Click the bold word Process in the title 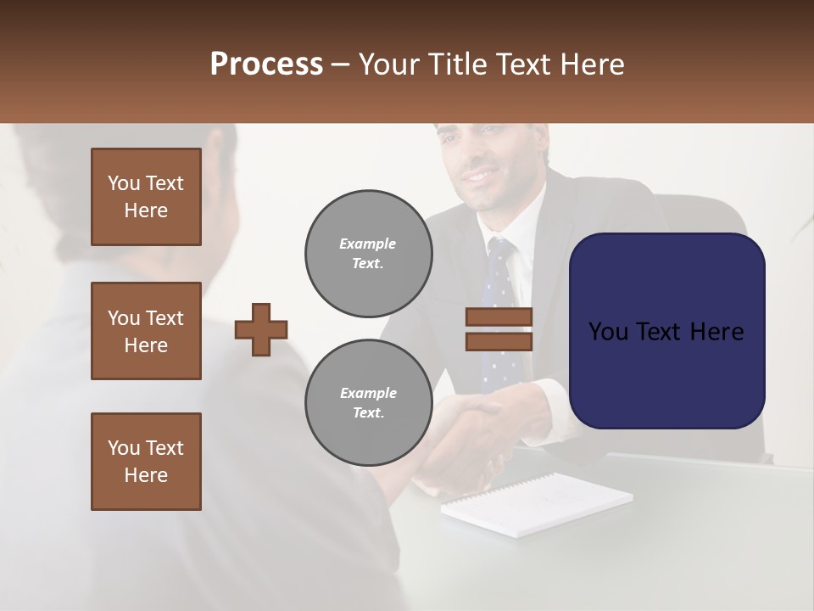pyautogui.click(x=266, y=64)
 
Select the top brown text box pyautogui.click(x=146, y=197)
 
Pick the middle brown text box pyautogui.click(x=146, y=331)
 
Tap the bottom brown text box pyautogui.click(x=146, y=462)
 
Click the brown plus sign pyautogui.click(x=261, y=329)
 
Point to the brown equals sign pyautogui.click(x=499, y=329)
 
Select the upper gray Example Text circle pyautogui.click(x=368, y=254)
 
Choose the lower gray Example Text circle pyautogui.click(x=368, y=403)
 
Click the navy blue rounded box pyautogui.click(x=666, y=331)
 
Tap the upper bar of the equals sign pyautogui.click(x=499, y=317)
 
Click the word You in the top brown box pyautogui.click(x=122, y=183)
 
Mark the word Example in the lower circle pyautogui.click(x=368, y=393)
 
